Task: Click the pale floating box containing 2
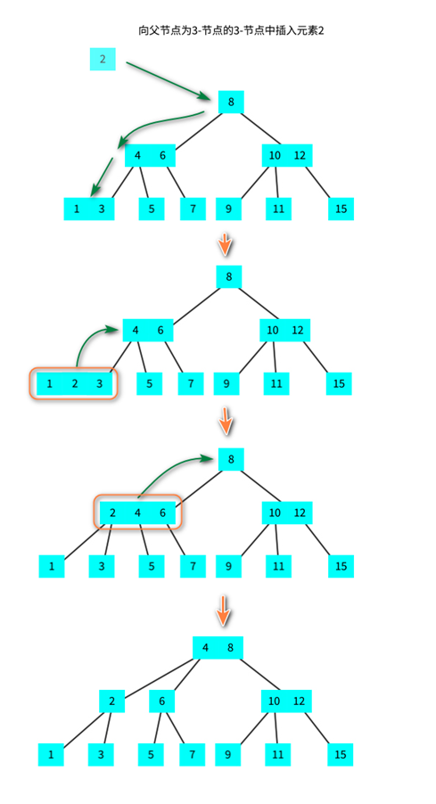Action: (x=103, y=60)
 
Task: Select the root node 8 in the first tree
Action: (x=231, y=102)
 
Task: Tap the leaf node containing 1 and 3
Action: (x=89, y=209)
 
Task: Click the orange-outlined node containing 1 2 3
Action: (x=74, y=384)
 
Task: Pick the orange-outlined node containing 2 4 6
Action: (x=137, y=513)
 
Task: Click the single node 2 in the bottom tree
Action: (x=111, y=701)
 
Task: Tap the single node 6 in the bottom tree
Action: (x=162, y=701)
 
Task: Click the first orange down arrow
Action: (x=226, y=242)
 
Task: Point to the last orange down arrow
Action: (x=225, y=611)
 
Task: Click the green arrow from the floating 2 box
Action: (x=169, y=78)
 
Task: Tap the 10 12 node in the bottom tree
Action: (x=287, y=701)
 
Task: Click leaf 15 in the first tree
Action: (x=341, y=209)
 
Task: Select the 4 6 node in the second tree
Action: (x=148, y=331)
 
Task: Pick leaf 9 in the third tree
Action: (x=228, y=566)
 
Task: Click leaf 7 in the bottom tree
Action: (x=190, y=755)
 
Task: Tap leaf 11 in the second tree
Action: (x=277, y=384)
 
